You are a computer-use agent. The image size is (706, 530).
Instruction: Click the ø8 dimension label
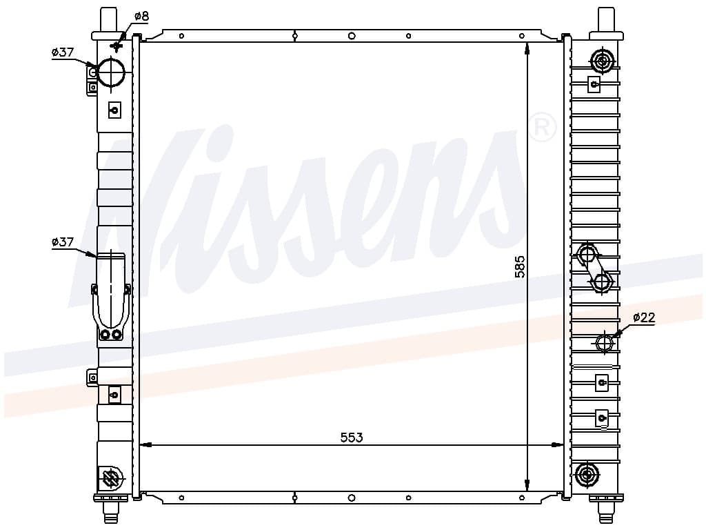point(141,17)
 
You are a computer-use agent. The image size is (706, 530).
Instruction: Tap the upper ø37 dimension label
point(63,52)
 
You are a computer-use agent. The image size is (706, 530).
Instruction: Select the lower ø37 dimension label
point(63,242)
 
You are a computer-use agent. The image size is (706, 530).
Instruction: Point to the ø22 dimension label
point(645,317)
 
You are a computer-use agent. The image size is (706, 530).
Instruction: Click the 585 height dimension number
point(520,266)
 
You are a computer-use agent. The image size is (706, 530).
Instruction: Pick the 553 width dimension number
point(352,437)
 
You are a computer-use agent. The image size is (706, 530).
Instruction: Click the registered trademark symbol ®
point(542,128)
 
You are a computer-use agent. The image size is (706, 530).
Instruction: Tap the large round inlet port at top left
point(111,72)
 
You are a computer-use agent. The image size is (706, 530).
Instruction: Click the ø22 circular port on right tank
point(605,344)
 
